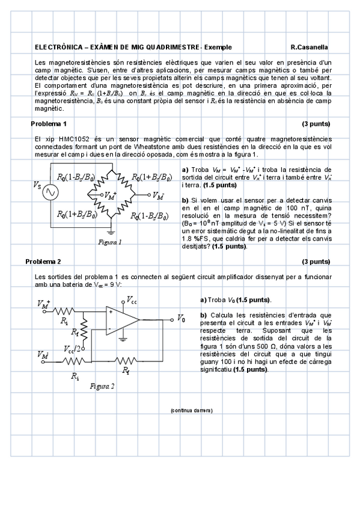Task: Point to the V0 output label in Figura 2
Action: pyautogui.click(x=181, y=318)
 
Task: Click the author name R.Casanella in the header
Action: pyautogui.click(x=309, y=48)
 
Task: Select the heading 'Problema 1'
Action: pyautogui.click(x=49, y=124)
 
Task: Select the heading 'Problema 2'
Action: pyautogui.click(x=43, y=262)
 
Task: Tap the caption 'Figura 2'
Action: pyautogui.click(x=102, y=386)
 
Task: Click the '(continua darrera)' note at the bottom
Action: pyautogui.click(x=191, y=410)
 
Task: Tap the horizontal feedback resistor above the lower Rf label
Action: pyautogui.click(x=125, y=360)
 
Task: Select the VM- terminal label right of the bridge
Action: pyautogui.click(x=158, y=196)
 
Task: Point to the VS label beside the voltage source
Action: pyautogui.click(x=37, y=186)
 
